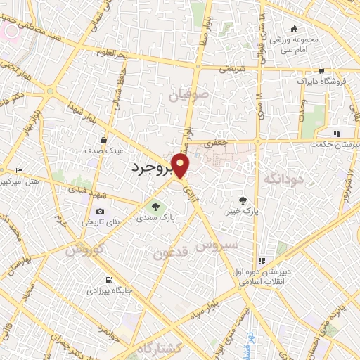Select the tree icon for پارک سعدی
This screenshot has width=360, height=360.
[x=156, y=206]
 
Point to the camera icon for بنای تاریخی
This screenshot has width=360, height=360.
[x=100, y=212]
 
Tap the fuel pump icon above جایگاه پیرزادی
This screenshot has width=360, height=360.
[x=108, y=278]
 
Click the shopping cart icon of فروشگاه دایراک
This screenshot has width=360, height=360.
[x=321, y=71]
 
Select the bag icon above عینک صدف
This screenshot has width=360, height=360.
[x=104, y=139]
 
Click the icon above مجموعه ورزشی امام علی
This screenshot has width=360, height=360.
[x=295, y=28]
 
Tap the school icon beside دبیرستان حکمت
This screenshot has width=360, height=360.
[x=337, y=134]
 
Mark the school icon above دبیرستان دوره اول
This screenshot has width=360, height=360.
[x=262, y=261]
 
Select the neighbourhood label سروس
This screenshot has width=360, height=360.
[x=219, y=246]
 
